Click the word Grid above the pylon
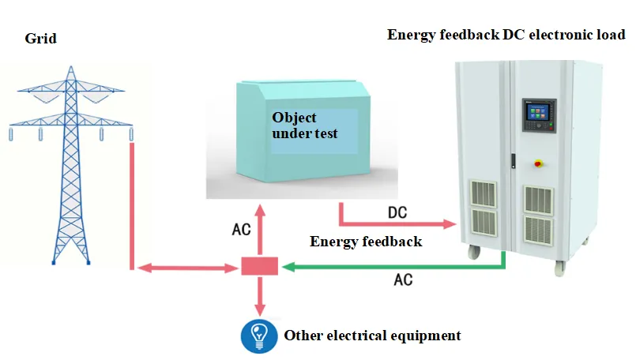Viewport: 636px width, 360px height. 40,39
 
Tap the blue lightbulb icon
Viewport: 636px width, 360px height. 259,336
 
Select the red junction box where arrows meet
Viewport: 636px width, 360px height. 260,266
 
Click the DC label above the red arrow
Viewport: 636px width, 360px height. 397,212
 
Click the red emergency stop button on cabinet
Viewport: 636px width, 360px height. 538,163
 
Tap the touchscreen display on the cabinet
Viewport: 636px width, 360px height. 538,112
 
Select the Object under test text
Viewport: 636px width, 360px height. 305,126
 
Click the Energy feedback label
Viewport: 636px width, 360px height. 366,242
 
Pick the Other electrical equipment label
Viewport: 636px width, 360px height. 372,336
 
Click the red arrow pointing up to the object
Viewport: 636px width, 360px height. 260,231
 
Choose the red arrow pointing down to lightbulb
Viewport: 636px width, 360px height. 260,296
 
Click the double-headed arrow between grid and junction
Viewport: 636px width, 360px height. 188,268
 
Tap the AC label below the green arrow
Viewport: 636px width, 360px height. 403,279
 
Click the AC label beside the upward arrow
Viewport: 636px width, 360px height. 241,230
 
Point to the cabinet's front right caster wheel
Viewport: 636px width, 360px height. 560,268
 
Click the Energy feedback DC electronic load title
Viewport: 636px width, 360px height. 506,35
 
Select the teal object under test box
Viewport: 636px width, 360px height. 303,131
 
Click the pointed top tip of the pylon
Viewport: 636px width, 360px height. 71,66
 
